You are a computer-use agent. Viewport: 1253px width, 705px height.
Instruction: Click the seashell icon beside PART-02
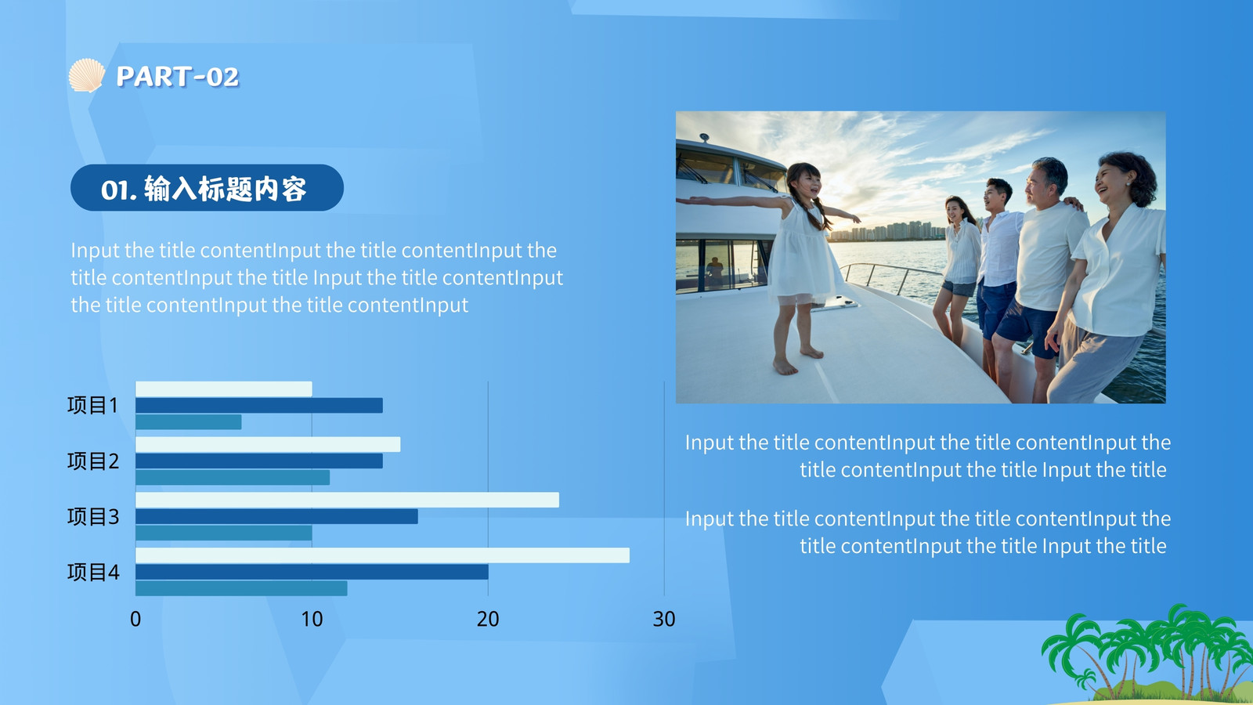coord(87,75)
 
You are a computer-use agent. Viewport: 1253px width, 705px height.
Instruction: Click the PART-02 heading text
coord(177,77)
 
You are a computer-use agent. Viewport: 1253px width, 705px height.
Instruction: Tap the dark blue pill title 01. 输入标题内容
coord(207,187)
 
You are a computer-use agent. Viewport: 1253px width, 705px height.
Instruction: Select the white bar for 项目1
coord(224,389)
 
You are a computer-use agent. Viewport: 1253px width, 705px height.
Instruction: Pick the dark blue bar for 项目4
coord(312,572)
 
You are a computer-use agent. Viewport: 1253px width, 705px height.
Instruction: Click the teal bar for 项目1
coord(189,422)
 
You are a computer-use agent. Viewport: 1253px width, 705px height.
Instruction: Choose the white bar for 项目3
coord(347,500)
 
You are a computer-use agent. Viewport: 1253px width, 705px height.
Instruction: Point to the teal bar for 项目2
coord(232,477)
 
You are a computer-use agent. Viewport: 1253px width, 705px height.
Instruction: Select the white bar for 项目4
coord(382,555)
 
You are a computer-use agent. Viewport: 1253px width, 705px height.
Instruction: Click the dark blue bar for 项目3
coord(276,516)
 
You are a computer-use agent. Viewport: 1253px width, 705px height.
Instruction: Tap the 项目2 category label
coord(93,461)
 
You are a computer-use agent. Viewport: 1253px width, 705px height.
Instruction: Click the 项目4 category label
coord(93,573)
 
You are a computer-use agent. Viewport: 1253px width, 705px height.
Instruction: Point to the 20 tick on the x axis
coord(488,619)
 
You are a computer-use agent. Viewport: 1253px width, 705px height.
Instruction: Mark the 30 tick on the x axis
coord(664,619)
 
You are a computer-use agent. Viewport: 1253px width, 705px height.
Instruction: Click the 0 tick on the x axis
coord(135,619)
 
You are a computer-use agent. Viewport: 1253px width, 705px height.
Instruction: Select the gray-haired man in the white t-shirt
coord(1041,274)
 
